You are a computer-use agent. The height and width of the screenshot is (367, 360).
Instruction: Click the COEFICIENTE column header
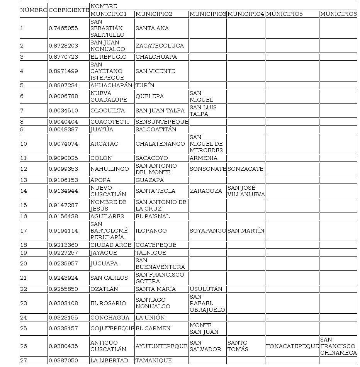point(69,10)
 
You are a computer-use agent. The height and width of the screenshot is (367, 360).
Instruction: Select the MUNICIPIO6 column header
point(338,14)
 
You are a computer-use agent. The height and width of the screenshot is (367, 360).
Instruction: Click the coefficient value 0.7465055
point(63,28)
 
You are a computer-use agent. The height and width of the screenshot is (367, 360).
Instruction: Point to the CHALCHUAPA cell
point(156,57)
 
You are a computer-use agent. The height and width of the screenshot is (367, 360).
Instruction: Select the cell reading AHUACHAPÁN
point(111,85)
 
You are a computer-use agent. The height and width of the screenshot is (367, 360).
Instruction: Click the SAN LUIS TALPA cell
point(203,110)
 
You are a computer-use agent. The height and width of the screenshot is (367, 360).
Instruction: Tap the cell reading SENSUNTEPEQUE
point(162,122)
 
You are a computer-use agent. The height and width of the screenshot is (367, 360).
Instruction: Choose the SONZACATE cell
point(245,169)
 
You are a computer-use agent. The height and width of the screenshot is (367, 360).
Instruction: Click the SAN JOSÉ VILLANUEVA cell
point(246,191)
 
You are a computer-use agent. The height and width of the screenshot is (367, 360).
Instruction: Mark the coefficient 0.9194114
point(63,231)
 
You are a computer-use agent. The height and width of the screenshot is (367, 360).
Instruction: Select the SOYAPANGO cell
point(208,231)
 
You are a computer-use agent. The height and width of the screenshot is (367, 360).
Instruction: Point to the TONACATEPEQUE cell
point(292,346)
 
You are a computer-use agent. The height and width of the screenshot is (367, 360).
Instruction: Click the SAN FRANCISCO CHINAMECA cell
point(338,346)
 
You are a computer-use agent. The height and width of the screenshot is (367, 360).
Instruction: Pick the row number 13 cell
point(24,180)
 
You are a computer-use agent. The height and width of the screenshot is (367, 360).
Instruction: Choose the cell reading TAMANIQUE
point(154,360)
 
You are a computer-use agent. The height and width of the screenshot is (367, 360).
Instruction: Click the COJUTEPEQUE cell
point(112,328)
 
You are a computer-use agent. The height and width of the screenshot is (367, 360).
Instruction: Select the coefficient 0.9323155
point(63,318)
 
